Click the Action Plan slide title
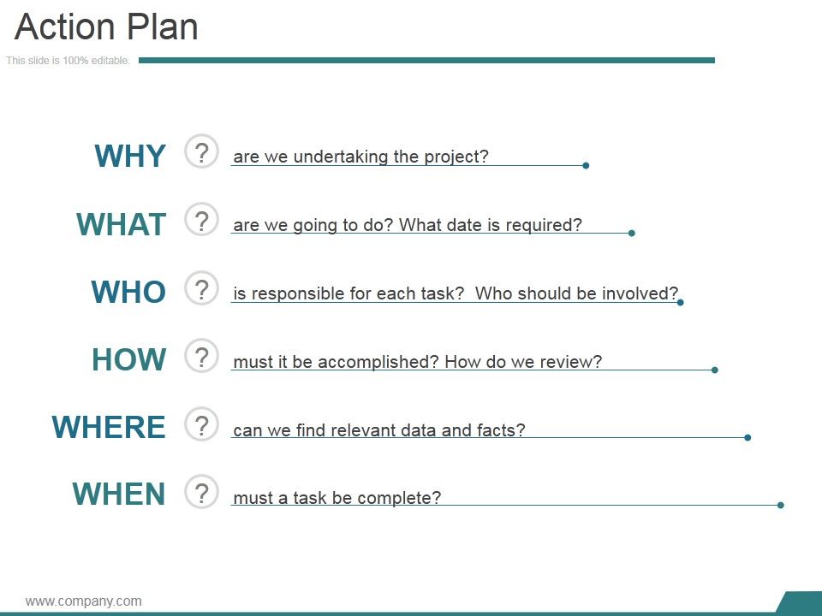(x=106, y=27)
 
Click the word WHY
(x=130, y=156)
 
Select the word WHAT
(x=121, y=224)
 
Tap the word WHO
(x=128, y=292)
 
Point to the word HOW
(x=129, y=359)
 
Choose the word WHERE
(x=109, y=427)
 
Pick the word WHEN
(x=119, y=494)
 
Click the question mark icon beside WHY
(x=201, y=152)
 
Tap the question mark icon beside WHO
(x=201, y=288)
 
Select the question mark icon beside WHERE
(x=201, y=424)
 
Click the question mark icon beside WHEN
(x=201, y=492)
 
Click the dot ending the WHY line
(x=586, y=165)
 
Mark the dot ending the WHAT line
(x=632, y=233)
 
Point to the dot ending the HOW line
(x=714, y=370)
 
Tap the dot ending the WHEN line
(x=781, y=505)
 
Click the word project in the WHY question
(x=456, y=157)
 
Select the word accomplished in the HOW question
(x=378, y=362)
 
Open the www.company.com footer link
(x=83, y=601)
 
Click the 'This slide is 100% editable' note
(x=68, y=60)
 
